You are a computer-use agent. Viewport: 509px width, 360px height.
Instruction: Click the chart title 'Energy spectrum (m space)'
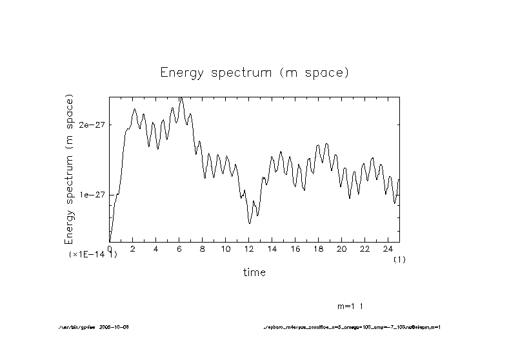tap(254, 72)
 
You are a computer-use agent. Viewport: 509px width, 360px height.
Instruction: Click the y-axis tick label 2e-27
tap(92, 125)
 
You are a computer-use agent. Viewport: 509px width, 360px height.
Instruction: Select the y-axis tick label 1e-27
tap(92, 195)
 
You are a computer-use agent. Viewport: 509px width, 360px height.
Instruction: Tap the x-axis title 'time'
tap(254, 272)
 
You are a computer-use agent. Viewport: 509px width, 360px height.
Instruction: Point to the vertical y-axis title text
tap(70, 169)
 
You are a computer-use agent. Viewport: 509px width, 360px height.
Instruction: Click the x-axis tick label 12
tap(249, 249)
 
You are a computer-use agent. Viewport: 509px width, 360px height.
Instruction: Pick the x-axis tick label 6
tap(179, 249)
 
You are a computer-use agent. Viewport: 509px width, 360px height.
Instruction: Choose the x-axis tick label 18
tap(319, 249)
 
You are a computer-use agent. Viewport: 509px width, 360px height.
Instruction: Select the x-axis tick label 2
tap(133, 249)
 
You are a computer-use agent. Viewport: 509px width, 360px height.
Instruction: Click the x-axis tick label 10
tap(226, 249)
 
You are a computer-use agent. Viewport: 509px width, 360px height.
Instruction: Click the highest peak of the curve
tap(181, 98)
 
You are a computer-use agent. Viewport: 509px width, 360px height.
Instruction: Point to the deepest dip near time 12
tap(250, 223)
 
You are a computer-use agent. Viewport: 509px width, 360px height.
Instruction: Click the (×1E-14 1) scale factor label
tap(93, 255)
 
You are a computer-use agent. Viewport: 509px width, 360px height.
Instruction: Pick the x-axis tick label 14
tap(272, 249)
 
